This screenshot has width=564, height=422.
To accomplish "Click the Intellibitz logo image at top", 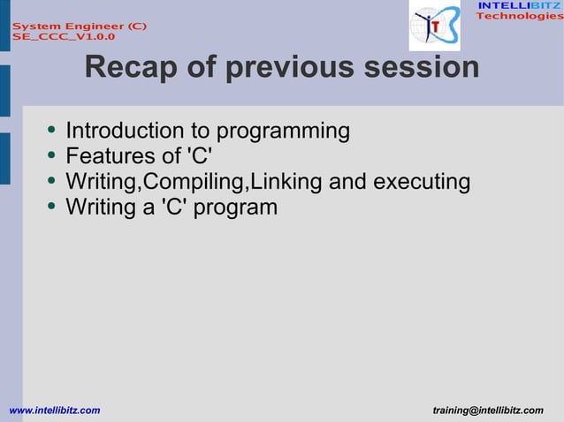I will [434, 26].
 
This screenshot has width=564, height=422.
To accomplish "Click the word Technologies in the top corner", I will [519, 17].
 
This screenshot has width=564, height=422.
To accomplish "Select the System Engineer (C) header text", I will [79, 26].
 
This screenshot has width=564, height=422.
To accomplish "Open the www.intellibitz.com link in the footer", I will [54, 411].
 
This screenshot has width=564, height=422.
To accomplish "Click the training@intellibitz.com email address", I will [488, 411].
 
